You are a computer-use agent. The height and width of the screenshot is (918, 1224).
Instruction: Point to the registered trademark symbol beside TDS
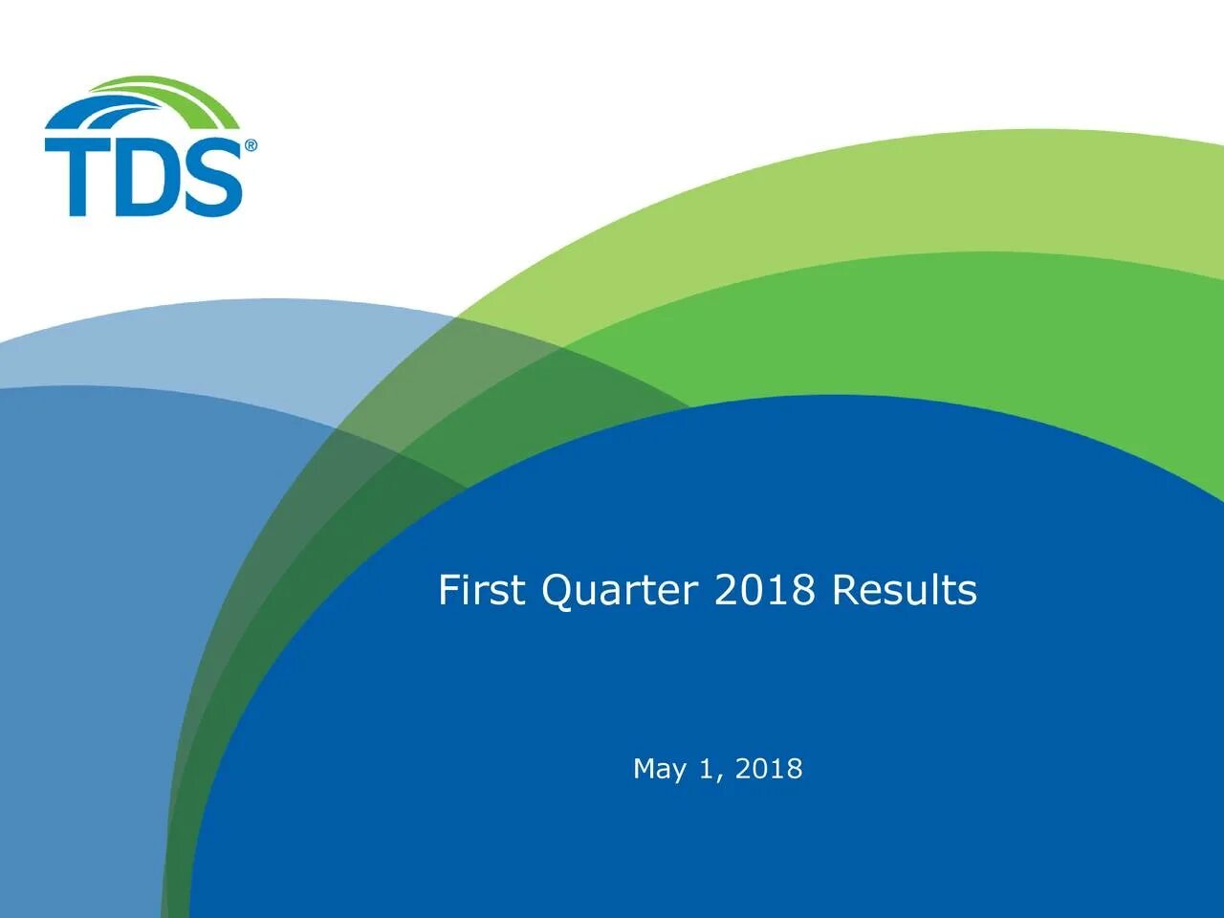click(251, 145)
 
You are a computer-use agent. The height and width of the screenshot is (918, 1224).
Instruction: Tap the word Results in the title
click(905, 590)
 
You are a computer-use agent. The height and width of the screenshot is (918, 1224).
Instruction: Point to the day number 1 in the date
click(707, 769)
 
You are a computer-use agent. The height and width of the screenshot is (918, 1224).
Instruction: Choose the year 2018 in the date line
click(769, 769)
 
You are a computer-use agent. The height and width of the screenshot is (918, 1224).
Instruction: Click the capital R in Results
click(844, 590)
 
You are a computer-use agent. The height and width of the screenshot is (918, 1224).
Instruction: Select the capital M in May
click(645, 769)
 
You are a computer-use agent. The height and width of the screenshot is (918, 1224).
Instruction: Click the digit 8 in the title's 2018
click(803, 590)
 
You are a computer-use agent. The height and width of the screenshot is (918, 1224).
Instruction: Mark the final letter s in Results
click(969, 594)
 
